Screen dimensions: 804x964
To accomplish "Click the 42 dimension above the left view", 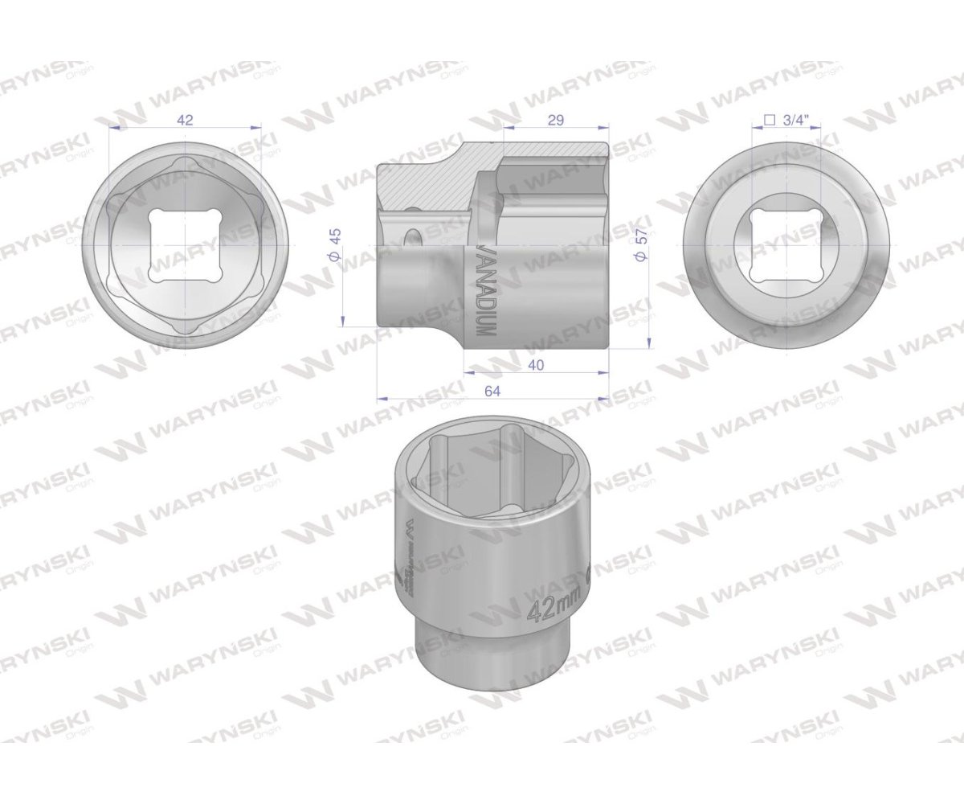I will [186, 120].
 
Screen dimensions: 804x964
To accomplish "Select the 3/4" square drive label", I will [794, 120].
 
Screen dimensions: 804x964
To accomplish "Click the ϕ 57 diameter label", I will [640, 244].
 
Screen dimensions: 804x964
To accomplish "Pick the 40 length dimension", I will [537, 366].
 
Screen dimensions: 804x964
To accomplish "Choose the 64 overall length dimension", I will [492, 391].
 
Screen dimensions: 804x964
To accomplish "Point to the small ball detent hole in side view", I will [413, 238].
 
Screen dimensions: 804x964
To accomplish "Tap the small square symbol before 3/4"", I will [769, 120].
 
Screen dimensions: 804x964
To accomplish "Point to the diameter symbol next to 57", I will [640, 257].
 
